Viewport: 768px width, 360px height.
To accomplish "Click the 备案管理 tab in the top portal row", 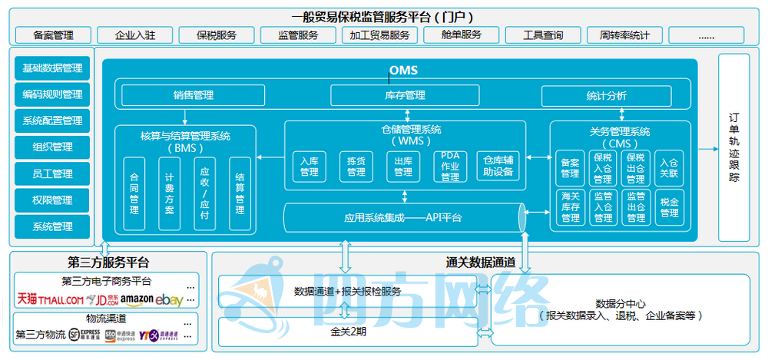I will tap(53, 35).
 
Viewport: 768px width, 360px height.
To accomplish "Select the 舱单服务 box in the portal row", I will tap(462, 35).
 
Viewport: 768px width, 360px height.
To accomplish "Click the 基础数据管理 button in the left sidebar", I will tap(52, 68).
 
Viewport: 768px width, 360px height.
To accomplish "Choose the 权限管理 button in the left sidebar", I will tap(52, 200).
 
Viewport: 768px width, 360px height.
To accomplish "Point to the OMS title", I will tap(402, 71).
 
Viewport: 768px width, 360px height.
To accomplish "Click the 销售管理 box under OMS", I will tap(193, 96).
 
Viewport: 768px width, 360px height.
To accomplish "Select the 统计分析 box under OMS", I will tap(606, 96).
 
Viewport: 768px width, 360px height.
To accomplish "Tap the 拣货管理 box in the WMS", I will tap(356, 167).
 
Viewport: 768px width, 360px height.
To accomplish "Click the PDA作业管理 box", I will tap(450, 167).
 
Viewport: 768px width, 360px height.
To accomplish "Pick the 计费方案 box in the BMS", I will tap(169, 193).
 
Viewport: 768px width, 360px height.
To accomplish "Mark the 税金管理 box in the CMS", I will tap(669, 207).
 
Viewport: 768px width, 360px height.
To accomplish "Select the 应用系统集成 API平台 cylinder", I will tap(403, 218).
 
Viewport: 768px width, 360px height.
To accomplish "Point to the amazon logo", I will tap(137, 299).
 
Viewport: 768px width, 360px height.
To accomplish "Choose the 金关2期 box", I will tap(346, 332).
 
